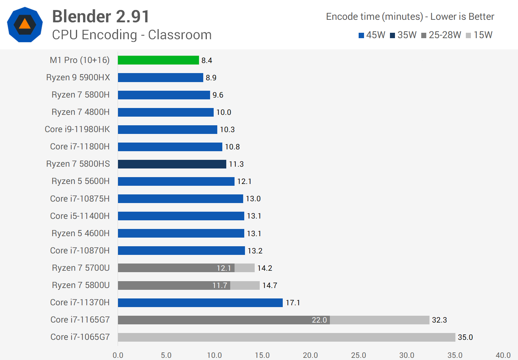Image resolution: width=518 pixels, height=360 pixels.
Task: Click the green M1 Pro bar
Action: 158,60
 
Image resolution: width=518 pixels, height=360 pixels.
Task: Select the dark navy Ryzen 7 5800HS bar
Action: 172,164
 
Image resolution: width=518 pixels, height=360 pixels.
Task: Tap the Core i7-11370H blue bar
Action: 200,303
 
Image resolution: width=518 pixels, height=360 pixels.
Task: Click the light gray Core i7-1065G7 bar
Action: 286,337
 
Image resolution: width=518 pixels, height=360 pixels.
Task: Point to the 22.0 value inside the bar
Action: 319,320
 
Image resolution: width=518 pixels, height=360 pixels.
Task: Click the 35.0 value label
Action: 465,337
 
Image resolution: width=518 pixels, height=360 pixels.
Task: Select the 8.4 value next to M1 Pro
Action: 206,60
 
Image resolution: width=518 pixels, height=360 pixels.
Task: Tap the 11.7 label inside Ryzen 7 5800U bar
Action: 220,285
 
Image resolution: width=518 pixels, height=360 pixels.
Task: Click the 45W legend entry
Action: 372,35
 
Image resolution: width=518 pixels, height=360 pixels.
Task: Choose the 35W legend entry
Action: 403,35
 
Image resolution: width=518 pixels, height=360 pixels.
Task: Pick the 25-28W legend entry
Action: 441,35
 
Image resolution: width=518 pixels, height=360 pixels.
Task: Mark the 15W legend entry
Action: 479,35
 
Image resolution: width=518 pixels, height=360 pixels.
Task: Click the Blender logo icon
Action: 25,24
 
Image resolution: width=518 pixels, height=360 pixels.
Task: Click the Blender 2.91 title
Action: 101,17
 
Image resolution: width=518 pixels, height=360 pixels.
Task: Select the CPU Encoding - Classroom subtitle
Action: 132,35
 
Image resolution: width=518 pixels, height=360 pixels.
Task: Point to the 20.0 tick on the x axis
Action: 310,355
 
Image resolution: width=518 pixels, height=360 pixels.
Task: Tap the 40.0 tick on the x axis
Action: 503,355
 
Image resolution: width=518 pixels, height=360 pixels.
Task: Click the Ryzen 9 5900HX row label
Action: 78,77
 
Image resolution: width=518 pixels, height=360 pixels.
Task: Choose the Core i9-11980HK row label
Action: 77,129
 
